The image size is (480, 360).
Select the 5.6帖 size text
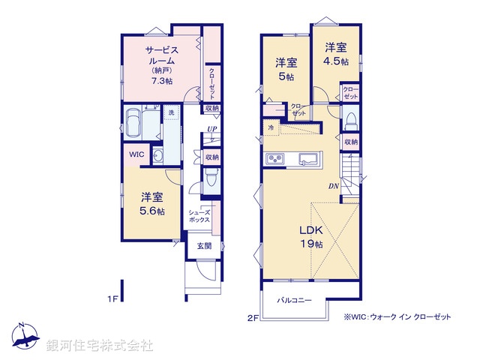152,211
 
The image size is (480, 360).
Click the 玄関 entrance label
204,245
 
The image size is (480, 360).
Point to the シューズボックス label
199,217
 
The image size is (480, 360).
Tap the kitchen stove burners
274,158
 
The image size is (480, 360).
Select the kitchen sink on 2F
308,159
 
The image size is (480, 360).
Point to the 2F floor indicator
253,317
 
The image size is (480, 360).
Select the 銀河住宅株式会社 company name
100,346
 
